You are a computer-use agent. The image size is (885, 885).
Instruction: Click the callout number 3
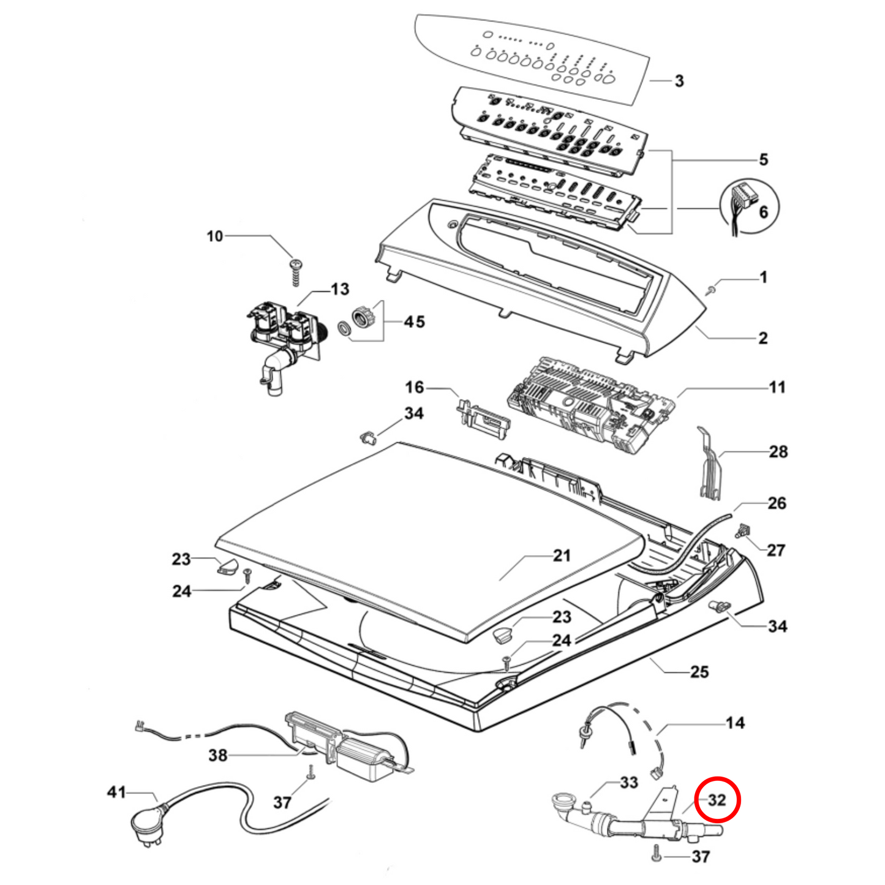pyautogui.click(x=679, y=81)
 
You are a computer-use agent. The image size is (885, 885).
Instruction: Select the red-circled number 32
pyautogui.click(x=717, y=800)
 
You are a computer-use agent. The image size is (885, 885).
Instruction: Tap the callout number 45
pyautogui.click(x=414, y=322)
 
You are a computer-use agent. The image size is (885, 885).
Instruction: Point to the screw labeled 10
pyautogui.click(x=297, y=269)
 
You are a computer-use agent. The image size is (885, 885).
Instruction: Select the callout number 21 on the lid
pyautogui.click(x=562, y=555)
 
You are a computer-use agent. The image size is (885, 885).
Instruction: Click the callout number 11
pyautogui.click(x=777, y=387)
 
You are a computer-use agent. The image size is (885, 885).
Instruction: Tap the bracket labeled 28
pyautogui.click(x=709, y=465)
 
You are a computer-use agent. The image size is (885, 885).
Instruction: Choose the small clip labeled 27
pyautogui.click(x=744, y=531)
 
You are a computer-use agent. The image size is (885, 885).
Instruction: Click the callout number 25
pyautogui.click(x=699, y=672)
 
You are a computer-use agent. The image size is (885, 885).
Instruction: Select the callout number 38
pyautogui.click(x=218, y=755)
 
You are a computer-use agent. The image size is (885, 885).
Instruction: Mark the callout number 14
pyautogui.click(x=735, y=723)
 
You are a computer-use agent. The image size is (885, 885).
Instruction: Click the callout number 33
pyautogui.click(x=629, y=782)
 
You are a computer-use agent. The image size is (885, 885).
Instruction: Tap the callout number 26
pyautogui.click(x=777, y=503)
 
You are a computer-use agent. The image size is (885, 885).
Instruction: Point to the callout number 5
pyautogui.click(x=763, y=160)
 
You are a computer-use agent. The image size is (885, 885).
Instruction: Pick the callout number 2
pyautogui.click(x=763, y=338)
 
